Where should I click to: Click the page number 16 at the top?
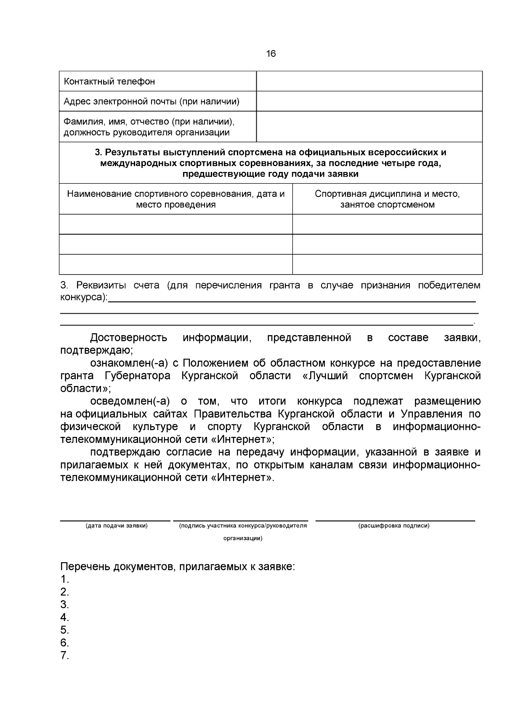coord(271,54)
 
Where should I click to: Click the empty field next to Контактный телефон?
coord(369,81)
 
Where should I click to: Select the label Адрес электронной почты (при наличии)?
coord(151,101)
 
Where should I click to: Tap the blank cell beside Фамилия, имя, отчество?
coord(369,127)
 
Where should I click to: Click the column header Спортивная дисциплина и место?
coord(387,199)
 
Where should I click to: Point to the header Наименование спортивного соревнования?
coord(175,199)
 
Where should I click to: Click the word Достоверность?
coord(128,338)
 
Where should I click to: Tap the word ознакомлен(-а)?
coord(129,363)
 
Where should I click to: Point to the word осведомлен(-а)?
coord(129,402)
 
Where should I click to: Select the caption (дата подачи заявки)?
coord(116,526)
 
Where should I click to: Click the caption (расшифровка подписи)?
coord(394,526)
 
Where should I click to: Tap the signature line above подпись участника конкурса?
coord(240,521)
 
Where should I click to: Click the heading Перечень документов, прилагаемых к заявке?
coord(178,567)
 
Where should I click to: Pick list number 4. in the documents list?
coord(64,618)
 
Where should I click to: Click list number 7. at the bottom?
coord(64,656)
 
